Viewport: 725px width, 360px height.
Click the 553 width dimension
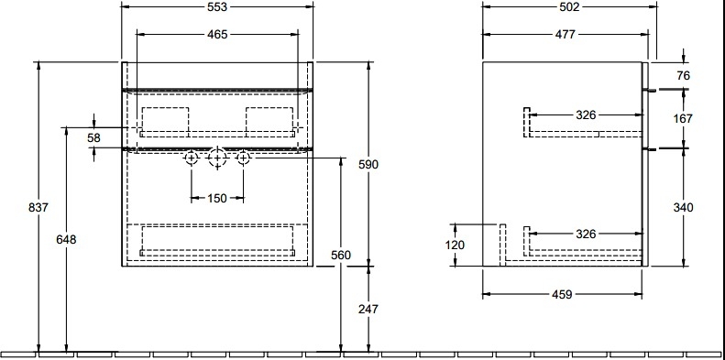[218, 7]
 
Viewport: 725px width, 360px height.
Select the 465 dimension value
[218, 35]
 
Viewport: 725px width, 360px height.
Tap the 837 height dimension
[38, 208]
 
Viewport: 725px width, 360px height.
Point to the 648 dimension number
[66, 240]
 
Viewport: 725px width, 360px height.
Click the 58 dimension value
[93, 137]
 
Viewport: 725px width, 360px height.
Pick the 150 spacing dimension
[217, 198]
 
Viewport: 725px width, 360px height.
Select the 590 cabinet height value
[368, 164]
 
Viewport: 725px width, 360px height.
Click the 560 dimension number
[341, 255]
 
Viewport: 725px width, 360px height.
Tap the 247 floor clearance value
[368, 309]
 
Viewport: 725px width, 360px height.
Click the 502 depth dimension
[569, 7]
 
